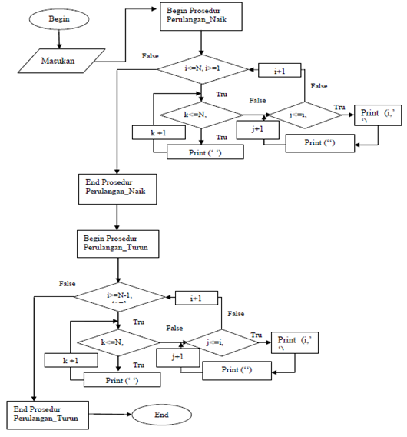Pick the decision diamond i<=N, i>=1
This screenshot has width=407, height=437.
click(202, 69)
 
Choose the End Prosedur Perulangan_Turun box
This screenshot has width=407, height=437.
click(48, 415)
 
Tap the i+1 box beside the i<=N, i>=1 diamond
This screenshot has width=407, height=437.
click(280, 70)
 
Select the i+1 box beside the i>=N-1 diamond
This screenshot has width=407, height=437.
click(195, 298)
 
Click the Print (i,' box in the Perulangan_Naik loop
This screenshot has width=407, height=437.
click(378, 116)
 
